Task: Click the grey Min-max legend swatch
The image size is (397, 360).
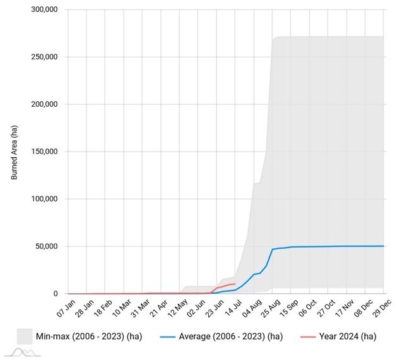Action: click(25, 336)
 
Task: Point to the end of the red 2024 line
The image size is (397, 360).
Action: click(235, 284)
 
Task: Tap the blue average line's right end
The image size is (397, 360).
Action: click(383, 246)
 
